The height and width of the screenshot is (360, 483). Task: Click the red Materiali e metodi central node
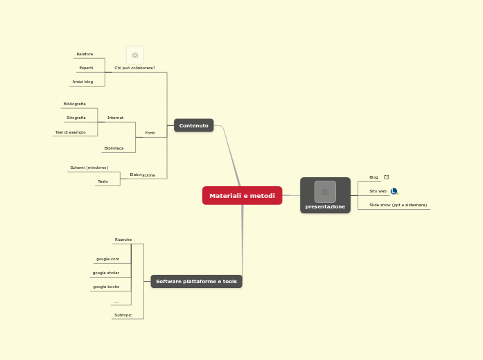pyautogui.click(x=242, y=196)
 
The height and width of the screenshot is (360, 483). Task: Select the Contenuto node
pyautogui.click(x=193, y=125)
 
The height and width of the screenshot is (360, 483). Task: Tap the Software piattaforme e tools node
pyautogui.click(x=196, y=281)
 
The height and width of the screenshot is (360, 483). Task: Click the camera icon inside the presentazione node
pyautogui.click(x=325, y=191)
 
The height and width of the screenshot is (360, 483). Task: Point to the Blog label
pyautogui.click(x=374, y=177)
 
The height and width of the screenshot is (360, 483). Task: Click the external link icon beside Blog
pyautogui.click(x=387, y=177)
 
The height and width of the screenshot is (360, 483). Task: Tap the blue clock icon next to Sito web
pyautogui.click(x=394, y=191)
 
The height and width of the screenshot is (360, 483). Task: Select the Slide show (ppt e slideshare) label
pyautogui.click(x=398, y=205)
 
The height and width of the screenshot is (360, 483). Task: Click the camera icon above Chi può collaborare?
pyautogui.click(x=135, y=55)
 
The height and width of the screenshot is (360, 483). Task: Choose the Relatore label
pyautogui.click(x=85, y=54)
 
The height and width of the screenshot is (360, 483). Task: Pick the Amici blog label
pyautogui.click(x=82, y=82)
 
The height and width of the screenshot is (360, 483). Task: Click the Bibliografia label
pyautogui.click(x=74, y=104)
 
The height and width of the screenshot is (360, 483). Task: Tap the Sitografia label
pyautogui.click(x=76, y=118)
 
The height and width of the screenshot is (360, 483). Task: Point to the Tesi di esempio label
pyautogui.click(x=71, y=132)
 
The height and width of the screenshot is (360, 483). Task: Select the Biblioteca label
pyautogui.click(x=114, y=148)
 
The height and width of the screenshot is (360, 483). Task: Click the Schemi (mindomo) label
pyautogui.click(x=89, y=168)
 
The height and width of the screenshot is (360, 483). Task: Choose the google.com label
pyautogui.click(x=107, y=259)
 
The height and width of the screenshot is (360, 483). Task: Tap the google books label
pyautogui.click(x=106, y=287)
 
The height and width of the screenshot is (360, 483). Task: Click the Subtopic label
pyautogui.click(x=123, y=315)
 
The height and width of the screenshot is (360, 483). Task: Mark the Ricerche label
pyautogui.click(x=123, y=240)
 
